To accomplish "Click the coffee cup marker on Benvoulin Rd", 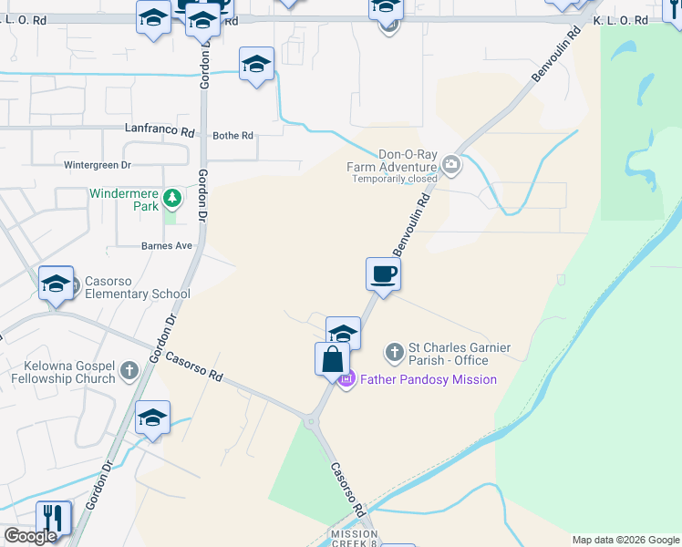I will click(383, 273).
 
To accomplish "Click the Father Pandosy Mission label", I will click(428, 379).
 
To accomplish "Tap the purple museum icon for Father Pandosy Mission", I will click(346, 379).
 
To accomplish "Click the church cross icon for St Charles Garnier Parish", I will click(394, 351).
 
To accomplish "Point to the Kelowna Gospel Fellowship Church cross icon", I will click(129, 371).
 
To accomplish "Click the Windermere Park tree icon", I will click(171, 197).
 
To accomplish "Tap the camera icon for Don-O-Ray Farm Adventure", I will click(450, 165).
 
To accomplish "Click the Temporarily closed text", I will click(395, 179).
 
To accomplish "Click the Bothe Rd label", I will click(232, 136).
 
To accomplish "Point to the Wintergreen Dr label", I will click(98, 166).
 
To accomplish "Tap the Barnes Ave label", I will click(167, 246).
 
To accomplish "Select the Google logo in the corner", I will click(29, 536).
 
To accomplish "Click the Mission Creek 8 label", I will click(354, 539).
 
